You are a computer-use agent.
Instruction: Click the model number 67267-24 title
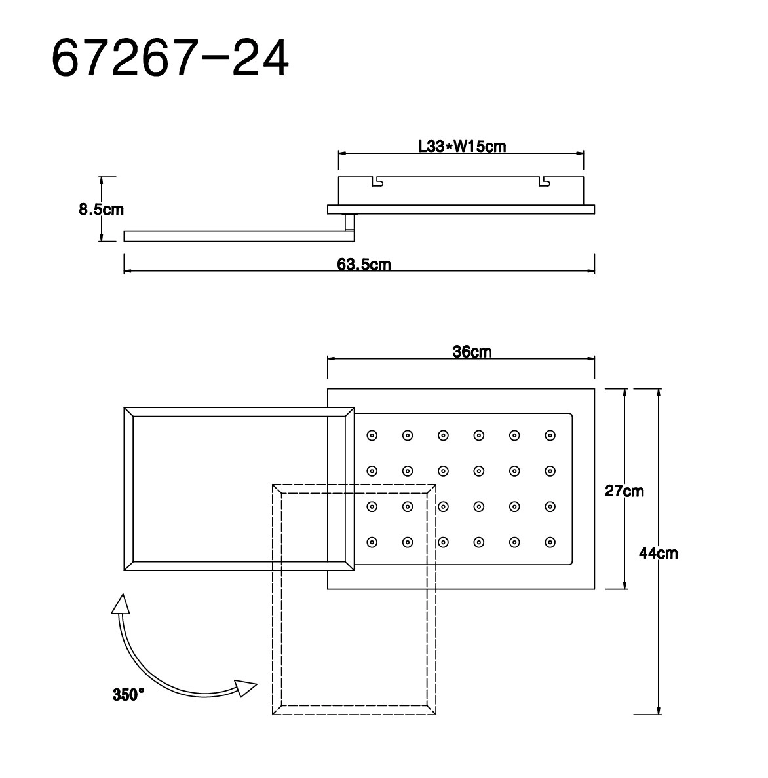[x=170, y=58]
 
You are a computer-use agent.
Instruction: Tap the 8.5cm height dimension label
[x=102, y=210]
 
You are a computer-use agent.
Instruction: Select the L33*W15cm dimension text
[x=462, y=147]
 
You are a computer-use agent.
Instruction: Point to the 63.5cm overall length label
[x=364, y=264]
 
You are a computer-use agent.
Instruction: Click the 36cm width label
[x=472, y=352]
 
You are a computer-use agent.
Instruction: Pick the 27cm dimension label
[x=624, y=491]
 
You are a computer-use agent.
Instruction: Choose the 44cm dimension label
[x=659, y=553]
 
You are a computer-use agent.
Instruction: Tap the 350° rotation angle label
[x=128, y=695]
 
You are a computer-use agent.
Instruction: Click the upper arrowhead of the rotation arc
[x=121, y=604]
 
